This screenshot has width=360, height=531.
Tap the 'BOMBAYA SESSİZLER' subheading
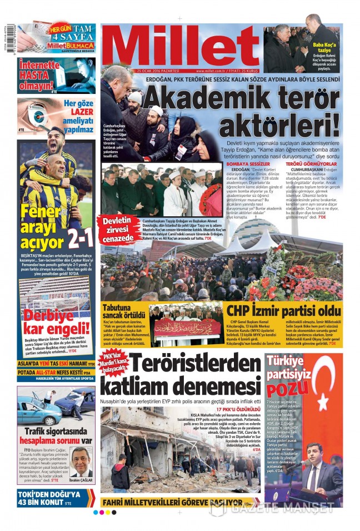[x=249, y=165]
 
